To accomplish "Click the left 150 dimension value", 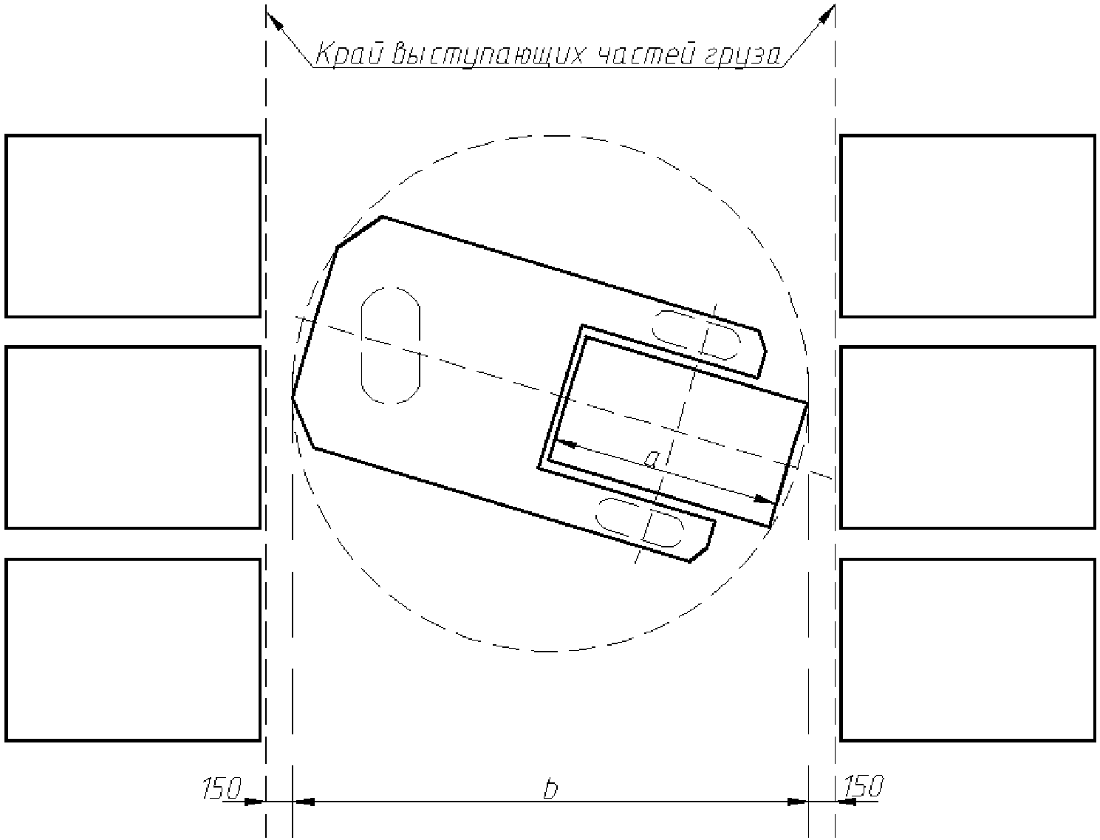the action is click(x=222, y=788).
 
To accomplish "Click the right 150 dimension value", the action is click(x=864, y=786).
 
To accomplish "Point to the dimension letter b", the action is click(x=550, y=788).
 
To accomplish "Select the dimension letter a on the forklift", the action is click(x=651, y=459).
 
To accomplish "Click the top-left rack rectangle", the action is click(x=133, y=226).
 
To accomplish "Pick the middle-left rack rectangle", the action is click(x=133, y=437).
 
